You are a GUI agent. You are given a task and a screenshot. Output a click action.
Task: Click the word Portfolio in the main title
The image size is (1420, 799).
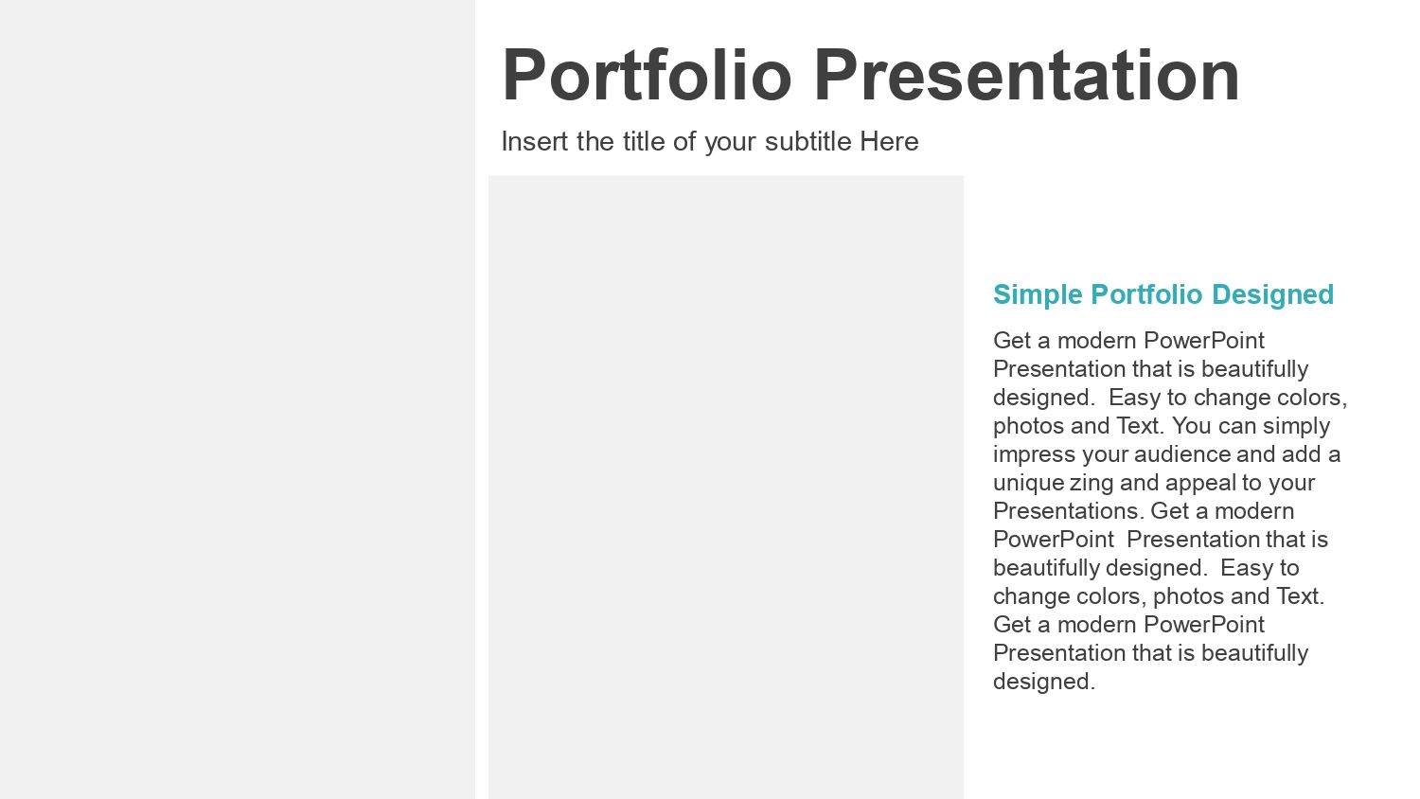647,75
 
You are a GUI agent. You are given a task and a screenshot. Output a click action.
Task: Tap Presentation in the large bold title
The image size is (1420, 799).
1026,75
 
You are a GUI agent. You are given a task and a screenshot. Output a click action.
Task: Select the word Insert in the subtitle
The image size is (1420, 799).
535,141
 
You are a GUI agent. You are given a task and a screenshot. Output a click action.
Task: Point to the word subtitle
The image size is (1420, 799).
808,141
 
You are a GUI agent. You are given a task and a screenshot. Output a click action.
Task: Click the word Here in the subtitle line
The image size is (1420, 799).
889,141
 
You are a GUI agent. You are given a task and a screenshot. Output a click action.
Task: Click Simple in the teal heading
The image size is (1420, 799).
1038,294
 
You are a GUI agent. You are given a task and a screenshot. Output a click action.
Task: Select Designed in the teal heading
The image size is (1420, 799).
1272,294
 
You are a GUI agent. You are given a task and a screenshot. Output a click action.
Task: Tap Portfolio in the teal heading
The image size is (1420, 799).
1146,294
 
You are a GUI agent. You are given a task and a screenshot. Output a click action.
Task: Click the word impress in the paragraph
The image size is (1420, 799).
1034,454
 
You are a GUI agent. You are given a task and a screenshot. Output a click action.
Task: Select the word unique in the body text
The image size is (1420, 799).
1028,483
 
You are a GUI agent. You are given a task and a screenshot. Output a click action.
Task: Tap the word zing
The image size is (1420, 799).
1092,483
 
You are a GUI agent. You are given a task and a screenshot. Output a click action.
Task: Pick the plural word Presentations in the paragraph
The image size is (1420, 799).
1068,511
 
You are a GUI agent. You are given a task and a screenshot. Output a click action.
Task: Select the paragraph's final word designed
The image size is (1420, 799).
1044,682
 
